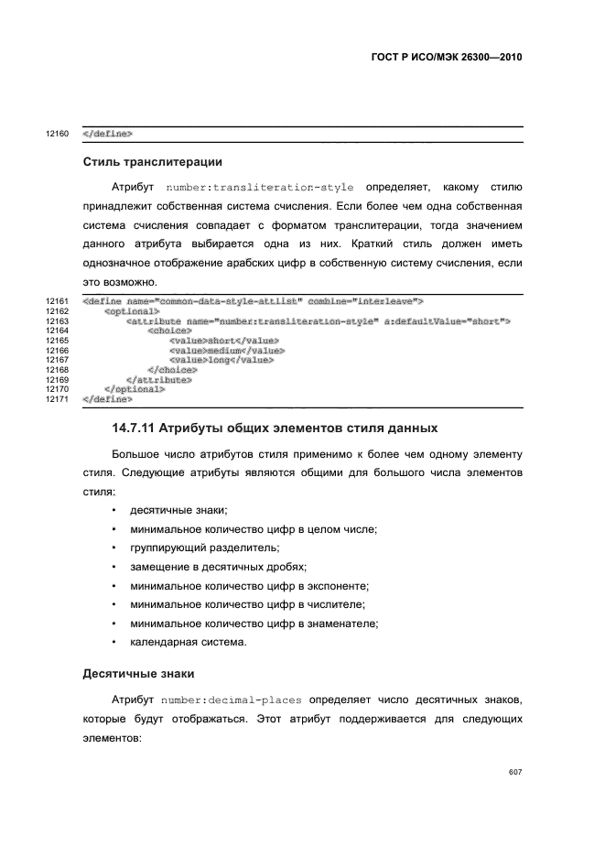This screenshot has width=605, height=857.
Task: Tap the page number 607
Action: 514,772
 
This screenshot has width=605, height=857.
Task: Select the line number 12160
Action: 57,134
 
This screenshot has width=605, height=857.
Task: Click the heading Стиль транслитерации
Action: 152,162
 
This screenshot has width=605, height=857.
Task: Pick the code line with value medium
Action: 226,351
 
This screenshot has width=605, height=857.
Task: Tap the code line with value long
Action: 221,360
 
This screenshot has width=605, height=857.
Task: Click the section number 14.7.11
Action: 137,428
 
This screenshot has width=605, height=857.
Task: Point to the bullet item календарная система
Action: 188,642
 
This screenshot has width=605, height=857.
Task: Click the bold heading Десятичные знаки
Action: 137,674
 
